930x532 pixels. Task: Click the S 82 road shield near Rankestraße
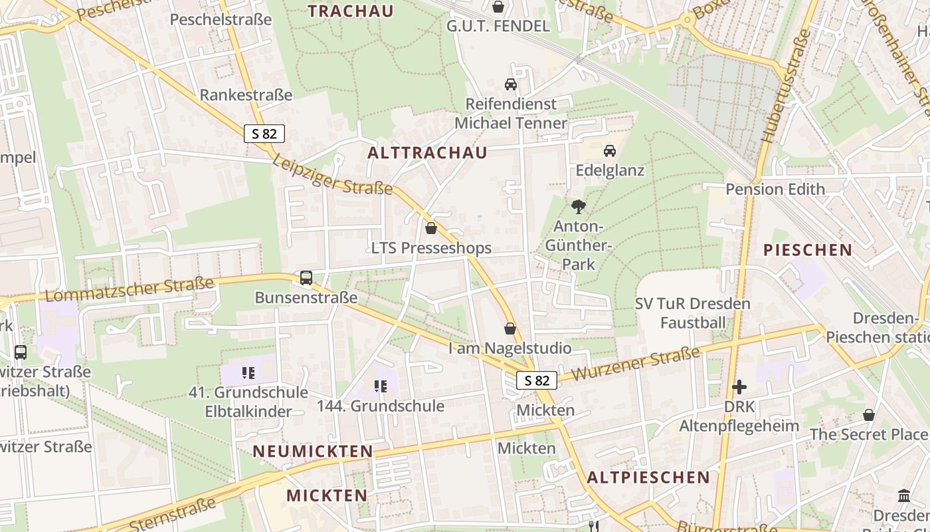coord(264,134)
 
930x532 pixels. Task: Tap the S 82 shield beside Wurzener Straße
coord(537,380)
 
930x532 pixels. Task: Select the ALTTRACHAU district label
coord(427,152)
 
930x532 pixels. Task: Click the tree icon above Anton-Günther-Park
coord(579,207)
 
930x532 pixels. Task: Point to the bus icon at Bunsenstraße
coord(306,278)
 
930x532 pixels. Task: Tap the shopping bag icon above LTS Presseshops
coord(431,229)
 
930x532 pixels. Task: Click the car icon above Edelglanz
coord(610,151)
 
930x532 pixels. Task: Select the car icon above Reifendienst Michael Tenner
coord(511,84)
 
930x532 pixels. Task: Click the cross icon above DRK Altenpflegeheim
coord(739,386)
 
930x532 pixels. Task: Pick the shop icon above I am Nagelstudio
coord(510,329)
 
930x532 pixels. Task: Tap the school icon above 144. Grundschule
coord(381,386)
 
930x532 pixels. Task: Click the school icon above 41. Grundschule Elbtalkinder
coord(248,373)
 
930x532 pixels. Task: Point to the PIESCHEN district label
coord(807,250)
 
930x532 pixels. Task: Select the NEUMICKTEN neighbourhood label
coord(313,452)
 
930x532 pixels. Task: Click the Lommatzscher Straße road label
coord(130,290)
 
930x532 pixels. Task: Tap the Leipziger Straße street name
coord(332,176)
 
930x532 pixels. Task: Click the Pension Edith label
coord(775,189)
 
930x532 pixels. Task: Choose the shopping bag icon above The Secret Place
coord(868,416)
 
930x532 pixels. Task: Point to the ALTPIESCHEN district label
coord(648,477)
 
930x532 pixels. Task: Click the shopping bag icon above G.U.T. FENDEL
coord(498,7)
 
